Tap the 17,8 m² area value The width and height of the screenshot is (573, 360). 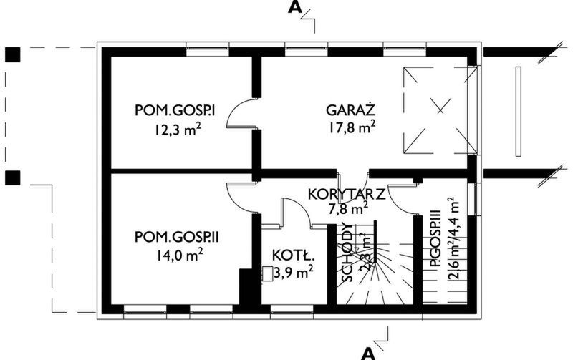(351, 129)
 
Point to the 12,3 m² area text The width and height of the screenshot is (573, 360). (175, 130)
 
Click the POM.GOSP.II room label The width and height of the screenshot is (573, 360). (175, 235)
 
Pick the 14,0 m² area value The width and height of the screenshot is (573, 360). (175, 254)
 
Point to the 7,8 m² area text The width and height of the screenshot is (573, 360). (348, 209)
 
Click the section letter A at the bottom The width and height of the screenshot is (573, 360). (367, 352)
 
